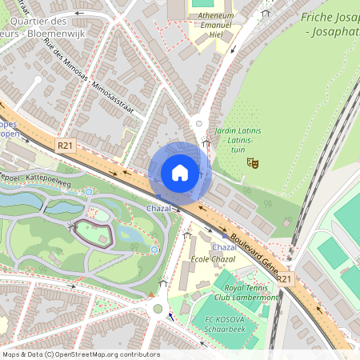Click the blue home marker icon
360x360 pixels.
[180, 173]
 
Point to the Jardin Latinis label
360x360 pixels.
[235, 134]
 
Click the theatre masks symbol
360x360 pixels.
[253, 162]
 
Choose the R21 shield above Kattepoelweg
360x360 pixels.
[65, 145]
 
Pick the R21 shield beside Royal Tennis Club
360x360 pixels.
[286, 278]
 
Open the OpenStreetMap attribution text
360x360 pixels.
[81, 354]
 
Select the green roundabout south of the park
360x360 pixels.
[158, 308]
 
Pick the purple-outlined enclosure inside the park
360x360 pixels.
[94, 233]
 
